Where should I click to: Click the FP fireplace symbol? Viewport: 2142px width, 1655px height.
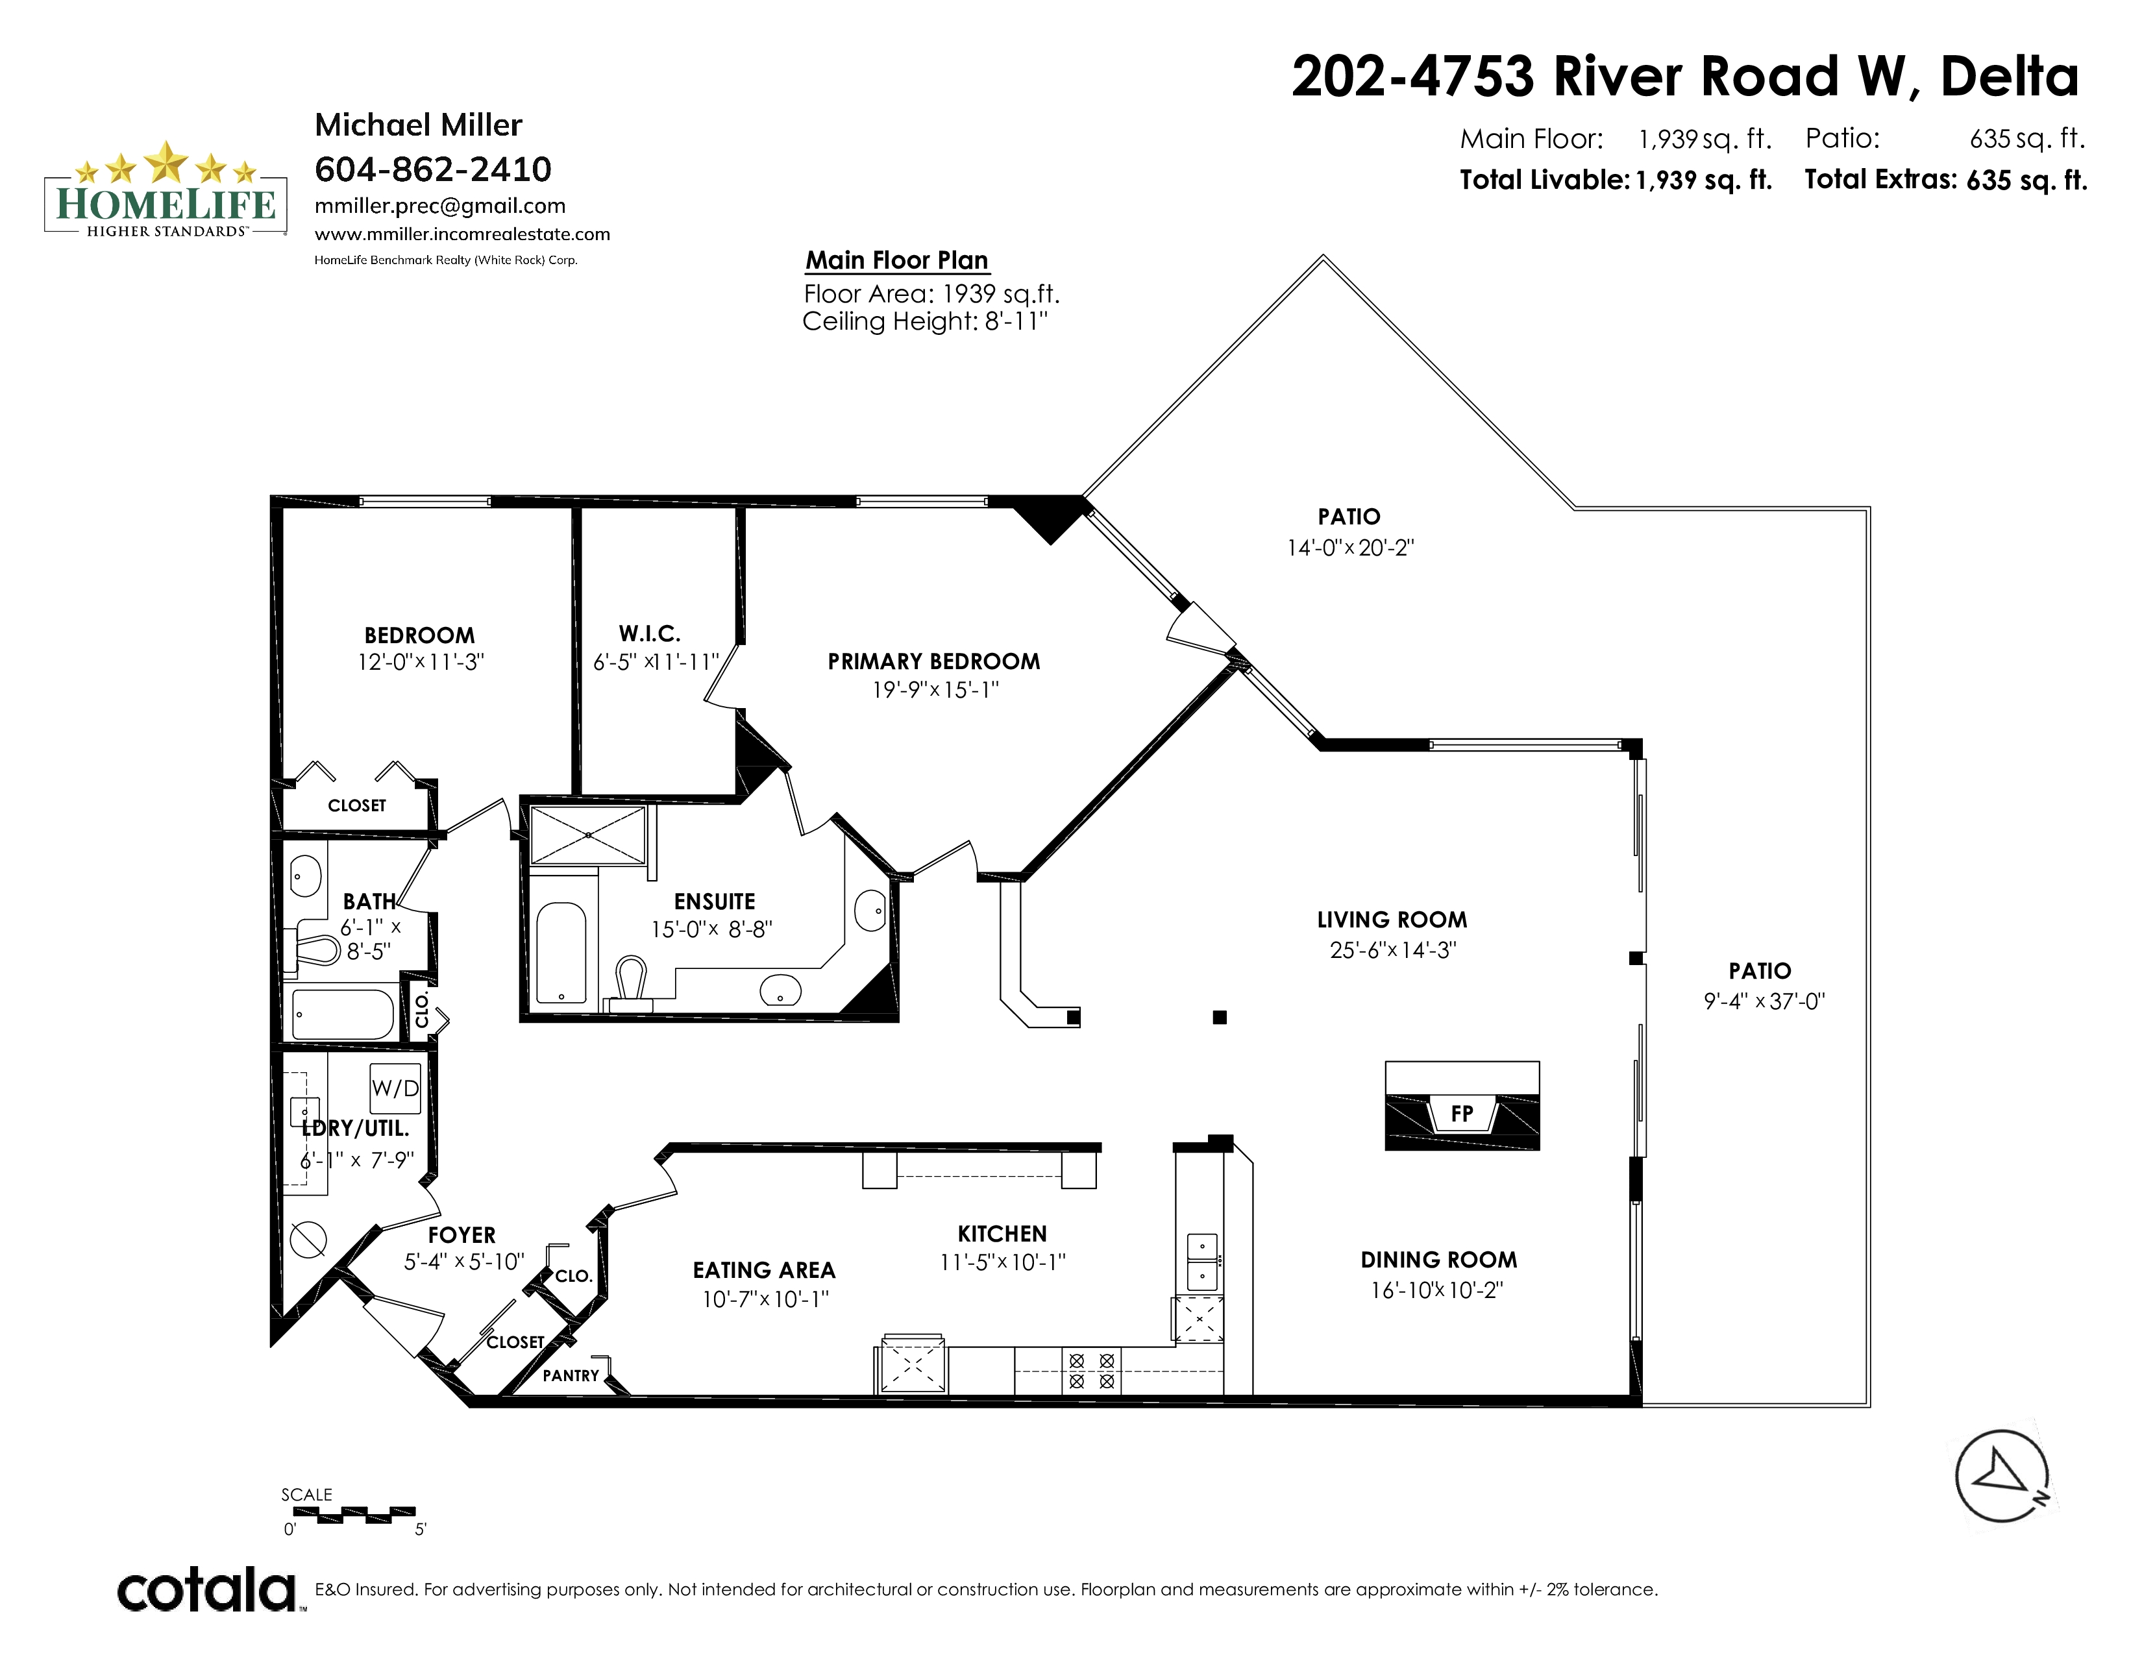point(1461,1106)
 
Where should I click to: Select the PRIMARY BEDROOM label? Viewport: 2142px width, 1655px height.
point(933,662)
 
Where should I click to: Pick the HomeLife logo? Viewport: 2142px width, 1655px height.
point(166,190)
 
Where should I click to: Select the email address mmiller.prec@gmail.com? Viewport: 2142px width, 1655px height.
point(440,206)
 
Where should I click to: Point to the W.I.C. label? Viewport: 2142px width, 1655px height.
point(649,633)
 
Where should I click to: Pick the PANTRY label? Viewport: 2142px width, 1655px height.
point(571,1375)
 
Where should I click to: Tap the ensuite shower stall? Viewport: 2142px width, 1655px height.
point(589,835)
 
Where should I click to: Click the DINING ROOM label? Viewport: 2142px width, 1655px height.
point(1439,1260)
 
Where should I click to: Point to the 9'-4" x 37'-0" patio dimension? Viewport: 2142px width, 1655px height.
point(1764,1001)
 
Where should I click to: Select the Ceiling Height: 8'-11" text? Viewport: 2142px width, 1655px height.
point(925,321)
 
